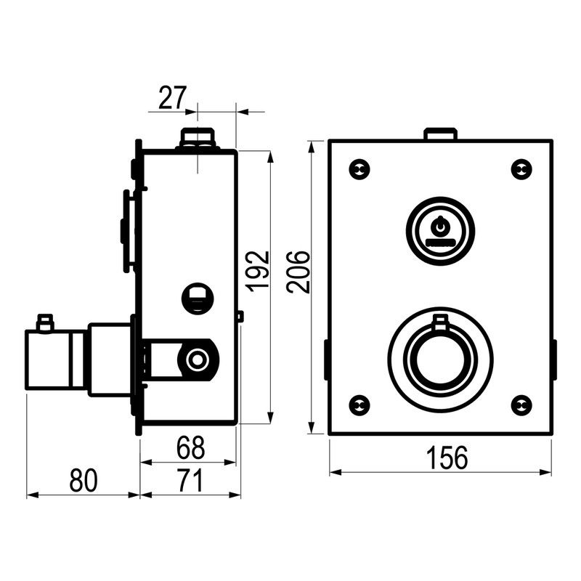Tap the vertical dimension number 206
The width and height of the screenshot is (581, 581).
(298, 272)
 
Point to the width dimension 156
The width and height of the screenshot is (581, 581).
(447, 458)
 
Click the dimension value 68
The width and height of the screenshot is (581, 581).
(190, 447)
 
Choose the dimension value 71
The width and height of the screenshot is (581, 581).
(190, 481)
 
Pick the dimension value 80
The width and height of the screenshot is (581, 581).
(84, 481)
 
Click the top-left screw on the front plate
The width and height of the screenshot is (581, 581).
(359, 170)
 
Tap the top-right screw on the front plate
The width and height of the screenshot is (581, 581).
(521, 170)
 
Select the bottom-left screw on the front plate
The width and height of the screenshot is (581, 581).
(359, 406)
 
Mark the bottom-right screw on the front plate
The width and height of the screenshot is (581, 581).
(521, 406)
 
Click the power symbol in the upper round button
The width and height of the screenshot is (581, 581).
(440, 225)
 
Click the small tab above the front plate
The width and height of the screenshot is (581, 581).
(440, 134)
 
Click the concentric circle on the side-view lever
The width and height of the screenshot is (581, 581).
(197, 359)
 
